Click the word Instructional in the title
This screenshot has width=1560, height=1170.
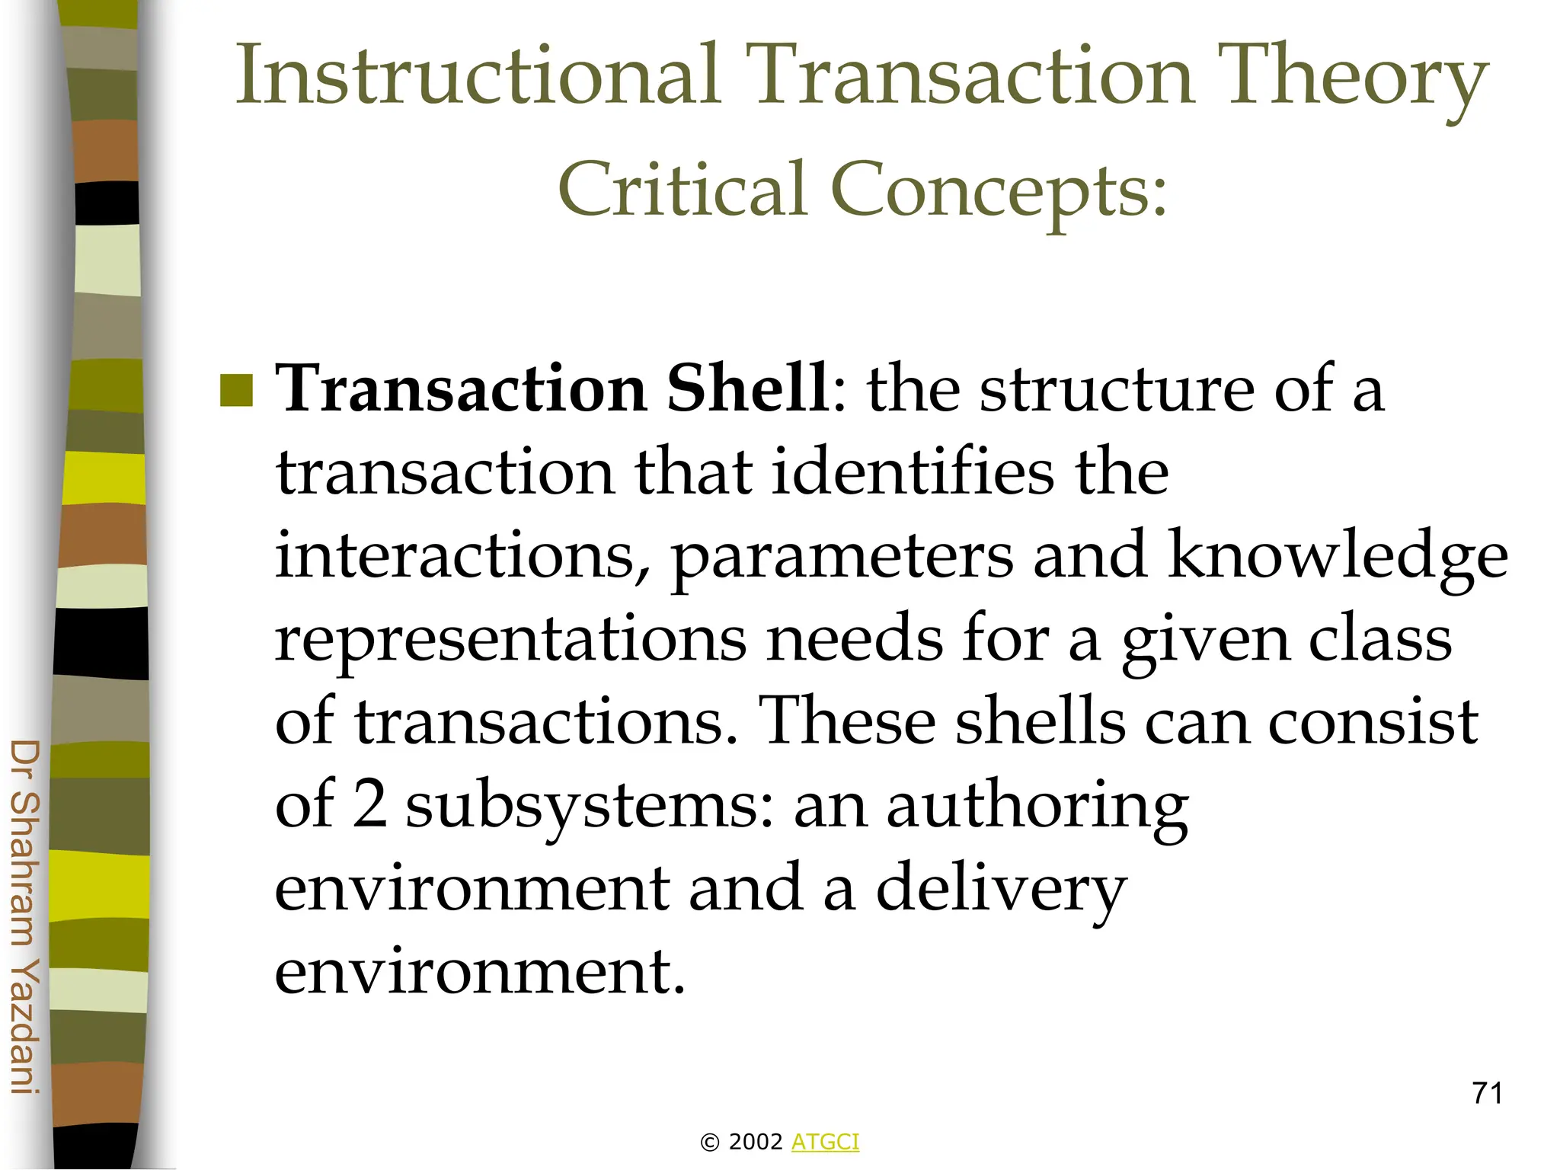point(478,76)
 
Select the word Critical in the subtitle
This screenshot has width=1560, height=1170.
point(682,188)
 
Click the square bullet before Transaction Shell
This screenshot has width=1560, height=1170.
point(236,391)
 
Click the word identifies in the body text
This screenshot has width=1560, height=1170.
point(912,472)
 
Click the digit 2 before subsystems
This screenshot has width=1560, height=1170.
point(370,806)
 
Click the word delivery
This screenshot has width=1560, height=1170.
point(1001,890)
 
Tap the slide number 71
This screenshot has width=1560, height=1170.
point(1487,1093)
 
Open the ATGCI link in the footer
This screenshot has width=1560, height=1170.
point(825,1142)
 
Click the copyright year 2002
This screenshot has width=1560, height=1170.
point(756,1142)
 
